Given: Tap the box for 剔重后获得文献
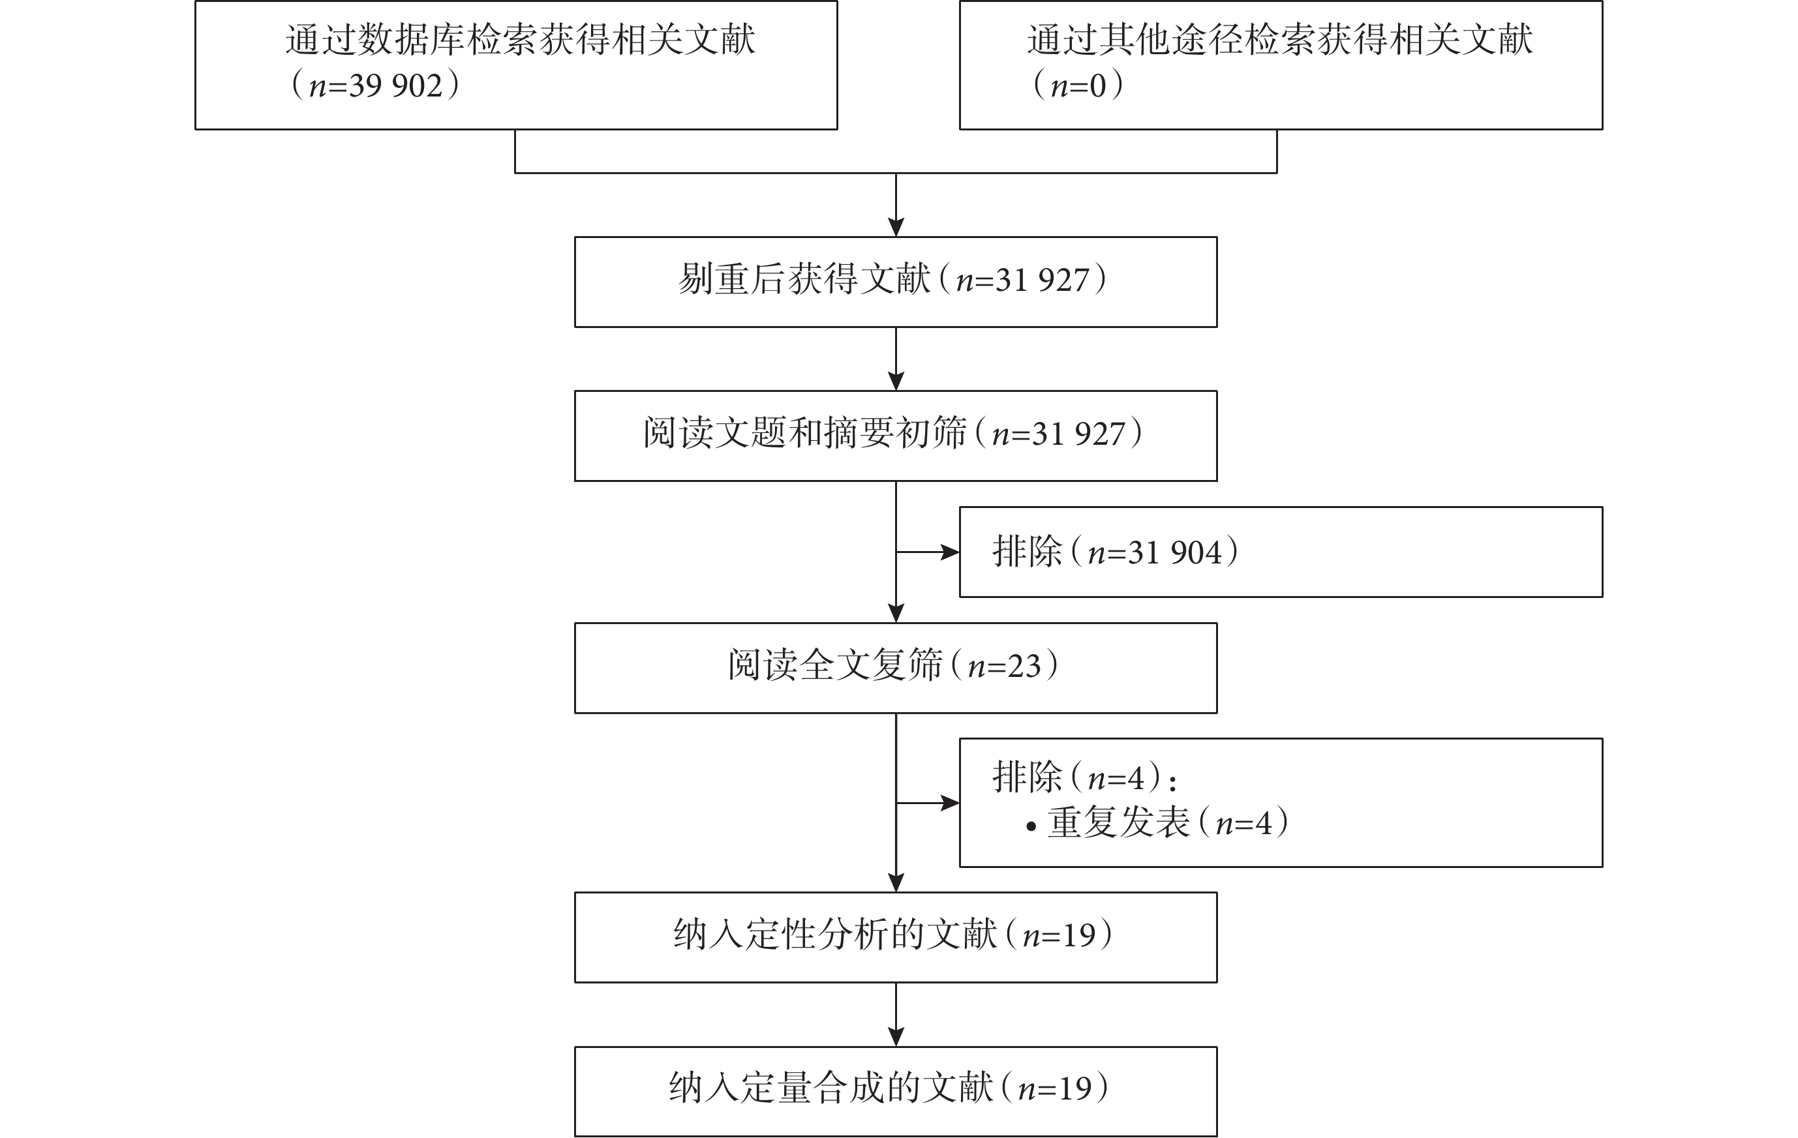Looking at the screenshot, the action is pyautogui.click(x=895, y=282).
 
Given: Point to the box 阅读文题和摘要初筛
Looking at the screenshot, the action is pyautogui.click(x=895, y=436).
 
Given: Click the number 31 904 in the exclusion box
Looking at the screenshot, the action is pyautogui.click(x=1174, y=553).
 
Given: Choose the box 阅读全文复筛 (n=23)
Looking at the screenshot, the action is pyautogui.click(x=895, y=668).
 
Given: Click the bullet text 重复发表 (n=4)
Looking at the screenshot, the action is pyautogui.click(x=1168, y=823).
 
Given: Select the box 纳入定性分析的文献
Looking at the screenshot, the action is pyautogui.click(x=895, y=937).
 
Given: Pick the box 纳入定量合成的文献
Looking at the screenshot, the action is pyautogui.click(x=895, y=1092).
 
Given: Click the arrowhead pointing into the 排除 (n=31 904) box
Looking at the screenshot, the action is pyautogui.click(x=951, y=552).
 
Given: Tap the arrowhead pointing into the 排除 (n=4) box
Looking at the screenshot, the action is pyautogui.click(x=951, y=803).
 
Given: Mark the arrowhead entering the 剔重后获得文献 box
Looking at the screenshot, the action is pyautogui.click(x=896, y=228).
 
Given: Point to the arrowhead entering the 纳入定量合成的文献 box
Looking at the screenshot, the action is pyautogui.click(x=896, y=1038).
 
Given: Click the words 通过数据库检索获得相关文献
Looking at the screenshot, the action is pyautogui.click(x=521, y=40).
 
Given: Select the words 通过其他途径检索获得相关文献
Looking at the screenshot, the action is pyautogui.click(x=1280, y=40).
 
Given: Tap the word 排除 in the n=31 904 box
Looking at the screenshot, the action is pyautogui.click(x=1027, y=552).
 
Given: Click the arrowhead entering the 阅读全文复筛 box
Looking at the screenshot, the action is pyautogui.click(x=896, y=614).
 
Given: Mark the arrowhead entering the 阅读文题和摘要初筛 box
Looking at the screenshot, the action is pyautogui.click(x=896, y=382).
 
